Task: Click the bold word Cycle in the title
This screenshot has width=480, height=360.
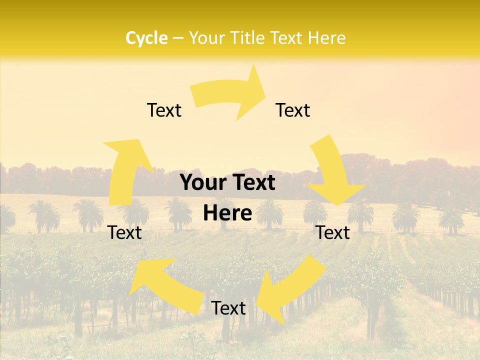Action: pyautogui.click(x=146, y=38)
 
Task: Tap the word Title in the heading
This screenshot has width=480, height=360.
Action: pyautogui.click(x=250, y=38)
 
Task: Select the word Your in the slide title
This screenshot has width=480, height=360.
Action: pyautogui.click(x=205, y=38)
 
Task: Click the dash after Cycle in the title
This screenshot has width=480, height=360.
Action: pyautogui.click(x=177, y=38)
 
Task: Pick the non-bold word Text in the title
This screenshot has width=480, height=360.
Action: pyautogui.click(x=287, y=38)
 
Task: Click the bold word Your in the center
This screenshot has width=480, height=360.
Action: pyautogui.click(x=202, y=183)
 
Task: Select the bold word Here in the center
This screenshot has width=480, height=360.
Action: pyautogui.click(x=227, y=213)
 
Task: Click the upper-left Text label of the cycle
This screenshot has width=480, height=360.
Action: pyautogui.click(x=164, y=110)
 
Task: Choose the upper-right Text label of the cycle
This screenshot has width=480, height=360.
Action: pyautogui.click(x=293, y=110)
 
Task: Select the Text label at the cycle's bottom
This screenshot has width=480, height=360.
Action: pyautogui.click(x=228, y=308)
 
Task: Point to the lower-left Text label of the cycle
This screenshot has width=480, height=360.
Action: pyautogui.click(x=125, y=232)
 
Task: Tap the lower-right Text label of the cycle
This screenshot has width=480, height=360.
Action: pyautogui.click(x=333, y=232)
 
